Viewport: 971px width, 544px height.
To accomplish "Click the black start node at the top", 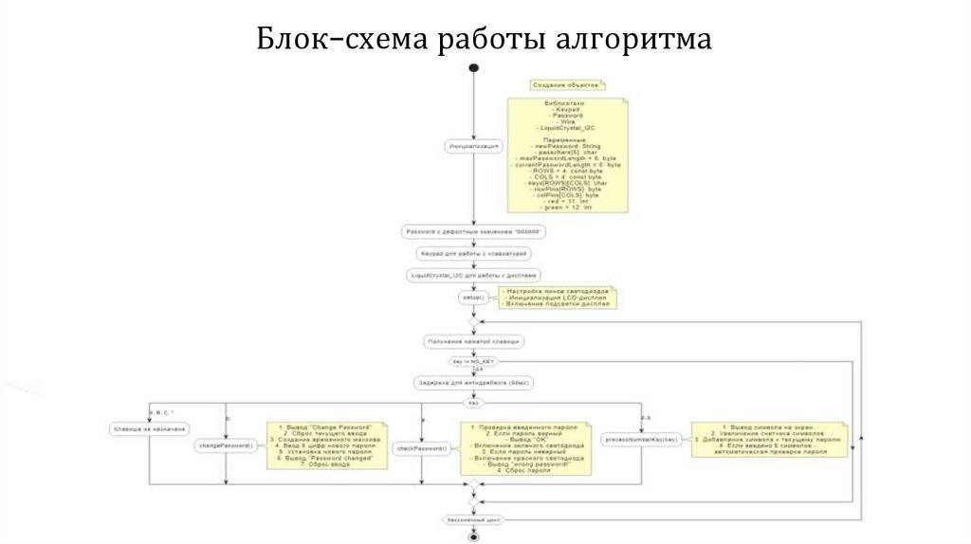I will pos(473,68).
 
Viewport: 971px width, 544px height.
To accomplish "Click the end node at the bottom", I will pos(473,536).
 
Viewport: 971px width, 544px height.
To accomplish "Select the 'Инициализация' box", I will pos(473,146).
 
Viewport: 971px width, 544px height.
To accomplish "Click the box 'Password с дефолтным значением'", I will pos(473,231).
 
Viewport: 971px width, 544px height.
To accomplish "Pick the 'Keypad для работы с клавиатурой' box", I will pos(473,253).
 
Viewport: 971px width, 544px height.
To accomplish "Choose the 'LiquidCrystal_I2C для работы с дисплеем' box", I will pos(473,275).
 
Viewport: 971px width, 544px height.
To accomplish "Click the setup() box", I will pos(472,298).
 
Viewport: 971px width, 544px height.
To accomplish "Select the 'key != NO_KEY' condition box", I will pos(472,362).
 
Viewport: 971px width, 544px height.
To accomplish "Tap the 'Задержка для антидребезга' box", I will pos(473,383).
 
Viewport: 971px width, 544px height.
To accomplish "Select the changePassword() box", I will pos(225,444).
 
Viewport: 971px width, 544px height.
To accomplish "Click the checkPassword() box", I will pos(420,448).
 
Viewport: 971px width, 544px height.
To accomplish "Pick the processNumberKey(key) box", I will pos(642,439).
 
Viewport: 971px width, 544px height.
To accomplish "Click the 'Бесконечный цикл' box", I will pos(473,520).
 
